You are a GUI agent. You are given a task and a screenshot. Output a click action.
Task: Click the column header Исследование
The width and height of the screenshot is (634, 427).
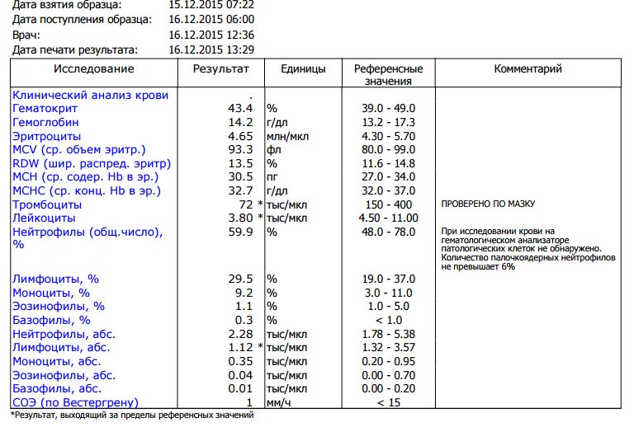[95, 69]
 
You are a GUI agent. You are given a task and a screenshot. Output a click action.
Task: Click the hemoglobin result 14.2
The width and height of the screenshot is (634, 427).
[239, 122]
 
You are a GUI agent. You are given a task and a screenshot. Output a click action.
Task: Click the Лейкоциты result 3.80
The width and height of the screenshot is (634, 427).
[239, 218]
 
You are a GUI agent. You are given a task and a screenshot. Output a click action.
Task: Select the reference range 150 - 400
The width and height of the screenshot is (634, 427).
[388, 203]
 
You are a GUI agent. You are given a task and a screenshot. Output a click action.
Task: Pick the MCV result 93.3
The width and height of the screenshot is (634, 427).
[239, 149]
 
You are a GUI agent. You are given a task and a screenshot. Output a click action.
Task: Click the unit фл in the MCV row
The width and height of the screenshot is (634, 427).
[273, 149]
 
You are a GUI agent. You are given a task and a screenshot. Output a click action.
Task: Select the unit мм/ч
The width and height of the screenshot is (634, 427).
[278, 402]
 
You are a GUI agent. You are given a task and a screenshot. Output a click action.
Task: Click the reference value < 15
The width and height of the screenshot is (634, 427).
[388, 402]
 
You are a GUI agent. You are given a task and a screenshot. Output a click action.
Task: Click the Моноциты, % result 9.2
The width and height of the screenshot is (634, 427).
[244, 293]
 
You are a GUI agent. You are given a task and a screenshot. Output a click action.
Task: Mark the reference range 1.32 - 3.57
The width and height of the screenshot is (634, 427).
[388, 348]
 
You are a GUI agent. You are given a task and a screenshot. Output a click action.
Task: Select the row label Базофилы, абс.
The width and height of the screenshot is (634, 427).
[58, 388]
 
